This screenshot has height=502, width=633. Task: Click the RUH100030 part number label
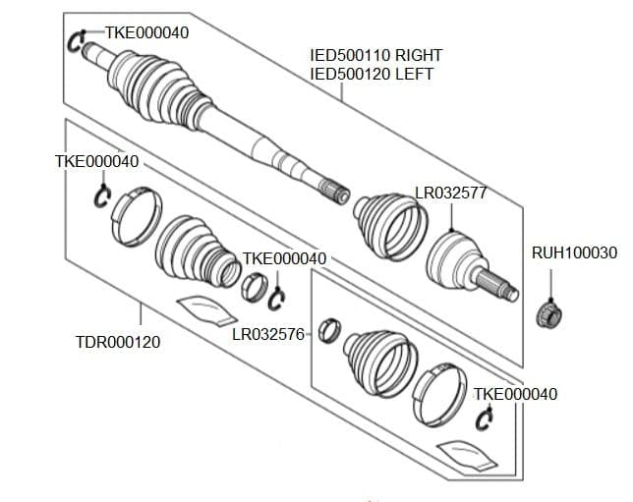click(574, 252)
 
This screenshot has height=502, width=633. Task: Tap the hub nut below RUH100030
click(548, 314)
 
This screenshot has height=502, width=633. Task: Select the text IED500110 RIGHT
click(375, 56)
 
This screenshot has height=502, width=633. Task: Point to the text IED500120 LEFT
click(371, 74)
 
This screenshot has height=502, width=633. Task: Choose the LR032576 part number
click(266, 333)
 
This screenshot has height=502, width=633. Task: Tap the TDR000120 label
click(117, 342)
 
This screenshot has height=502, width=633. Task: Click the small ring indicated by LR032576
click(331, 327)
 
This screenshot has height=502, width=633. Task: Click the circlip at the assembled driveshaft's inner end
click(78, 42)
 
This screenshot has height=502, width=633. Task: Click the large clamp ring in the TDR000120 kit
click(134, 216)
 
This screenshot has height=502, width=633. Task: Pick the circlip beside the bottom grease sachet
click(484, 419)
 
